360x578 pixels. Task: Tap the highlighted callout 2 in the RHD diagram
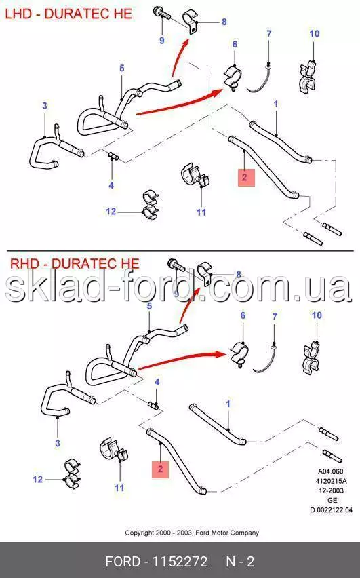tap(160, 469)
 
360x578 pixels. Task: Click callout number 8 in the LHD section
tap(224, 22)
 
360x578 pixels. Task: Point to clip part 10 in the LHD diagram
tap(308, 77)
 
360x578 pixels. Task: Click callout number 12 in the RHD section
tap(37, 479)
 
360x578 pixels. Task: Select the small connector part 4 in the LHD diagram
tap(113, 157)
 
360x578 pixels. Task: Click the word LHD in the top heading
tap(18, 14)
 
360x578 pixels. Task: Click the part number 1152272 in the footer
tap(180, 562)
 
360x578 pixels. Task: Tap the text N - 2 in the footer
tap(240, 562)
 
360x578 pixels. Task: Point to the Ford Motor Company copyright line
tap(192, 533)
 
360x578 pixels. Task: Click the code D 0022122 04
tap(331, 509)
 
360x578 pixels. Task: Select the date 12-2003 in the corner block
tap(331, 490)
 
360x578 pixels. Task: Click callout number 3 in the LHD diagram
tap(45, 106)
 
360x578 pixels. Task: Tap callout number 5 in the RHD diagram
tap(149, 306)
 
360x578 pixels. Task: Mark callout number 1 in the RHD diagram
tap(228, 404)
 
